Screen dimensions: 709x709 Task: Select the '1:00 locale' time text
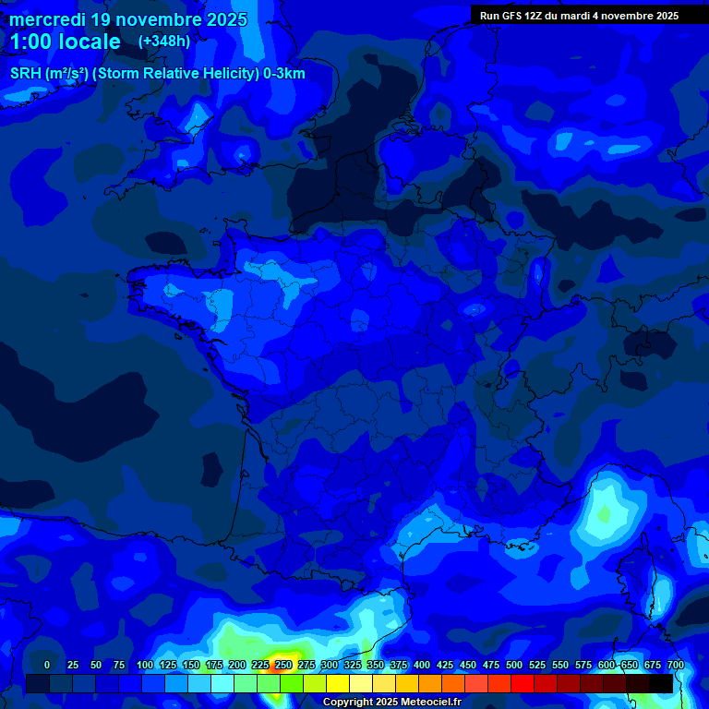(66, 42)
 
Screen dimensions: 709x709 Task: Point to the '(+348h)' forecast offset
(163, 42)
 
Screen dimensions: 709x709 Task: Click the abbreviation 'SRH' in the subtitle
(25, 74)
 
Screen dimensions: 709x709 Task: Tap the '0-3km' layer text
(283, 74)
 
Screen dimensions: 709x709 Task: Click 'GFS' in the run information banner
(511, 16)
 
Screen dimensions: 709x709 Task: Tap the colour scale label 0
(47, 665)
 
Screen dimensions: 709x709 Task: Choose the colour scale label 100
(144, 665)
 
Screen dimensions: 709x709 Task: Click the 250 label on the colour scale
(283, 665)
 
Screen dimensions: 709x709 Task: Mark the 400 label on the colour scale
(422, 665)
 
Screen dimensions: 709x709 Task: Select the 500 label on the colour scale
(514, 665)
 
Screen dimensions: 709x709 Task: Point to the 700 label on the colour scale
(676, 665)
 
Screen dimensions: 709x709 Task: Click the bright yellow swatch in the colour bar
(338, 683)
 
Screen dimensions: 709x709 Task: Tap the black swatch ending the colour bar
(661, 683)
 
